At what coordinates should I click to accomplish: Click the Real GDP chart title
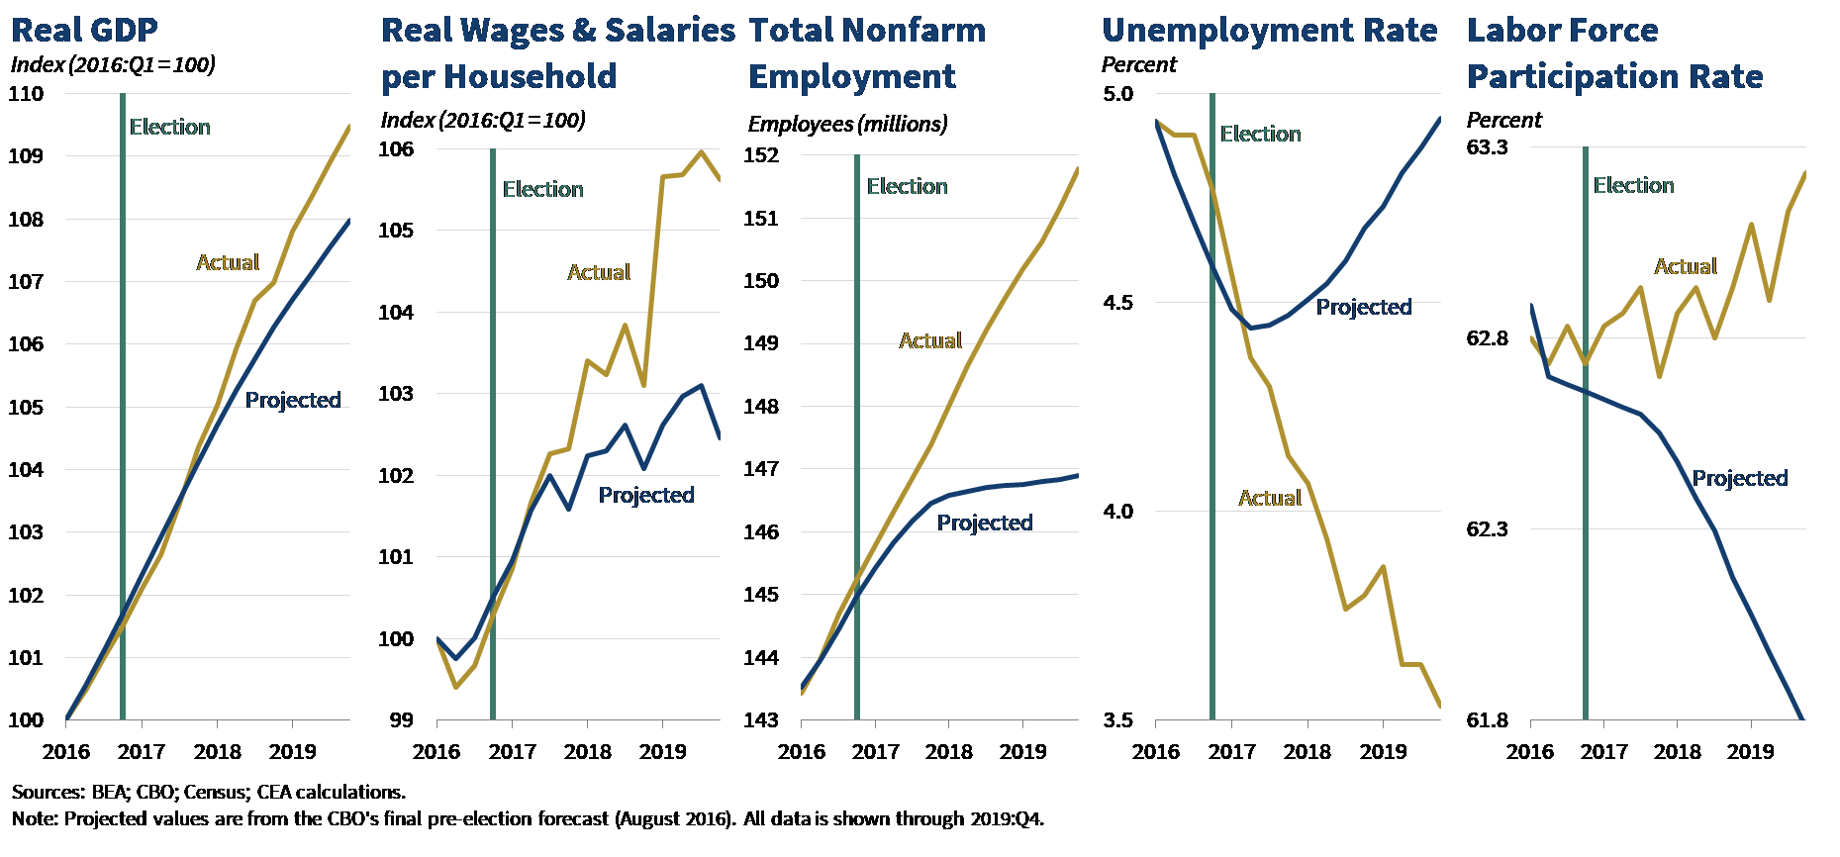84,31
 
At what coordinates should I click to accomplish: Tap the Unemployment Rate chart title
1269,31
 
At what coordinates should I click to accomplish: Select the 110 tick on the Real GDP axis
26,94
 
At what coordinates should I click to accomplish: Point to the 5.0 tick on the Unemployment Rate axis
1117,94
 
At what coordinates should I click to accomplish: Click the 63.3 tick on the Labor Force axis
1487,147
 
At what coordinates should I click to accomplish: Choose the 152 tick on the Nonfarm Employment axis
760,155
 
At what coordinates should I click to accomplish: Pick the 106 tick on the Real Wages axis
396,149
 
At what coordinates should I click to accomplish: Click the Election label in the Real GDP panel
169,127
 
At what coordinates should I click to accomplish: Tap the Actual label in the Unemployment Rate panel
1269,498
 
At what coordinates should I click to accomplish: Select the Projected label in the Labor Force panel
1739,479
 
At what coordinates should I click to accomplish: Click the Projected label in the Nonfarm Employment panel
984,523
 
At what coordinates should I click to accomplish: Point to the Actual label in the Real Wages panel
598,272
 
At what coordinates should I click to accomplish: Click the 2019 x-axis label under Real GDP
293,751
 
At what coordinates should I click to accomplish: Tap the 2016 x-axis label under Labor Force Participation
1530,751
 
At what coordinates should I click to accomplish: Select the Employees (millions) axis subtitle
847,124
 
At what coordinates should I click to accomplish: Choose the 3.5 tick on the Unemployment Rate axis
1117,720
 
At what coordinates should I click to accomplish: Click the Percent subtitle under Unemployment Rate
1139,65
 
